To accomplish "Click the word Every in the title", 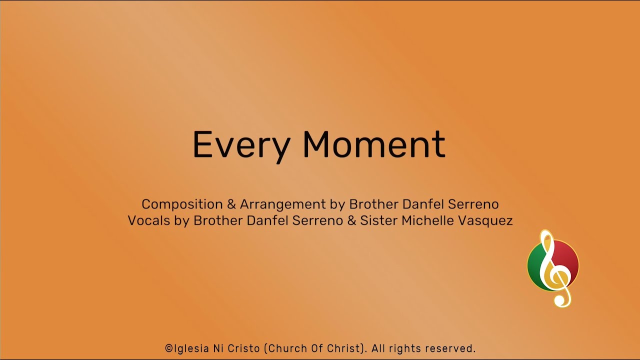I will [x=241, y=145].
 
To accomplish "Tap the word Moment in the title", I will [x=373, y=145].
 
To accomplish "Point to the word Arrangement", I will [x=283, y=204].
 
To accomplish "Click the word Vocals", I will [x=148, y=220].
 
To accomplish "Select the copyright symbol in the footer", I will [x=168, y=348].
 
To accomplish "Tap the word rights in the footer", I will [x=404, y=348].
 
